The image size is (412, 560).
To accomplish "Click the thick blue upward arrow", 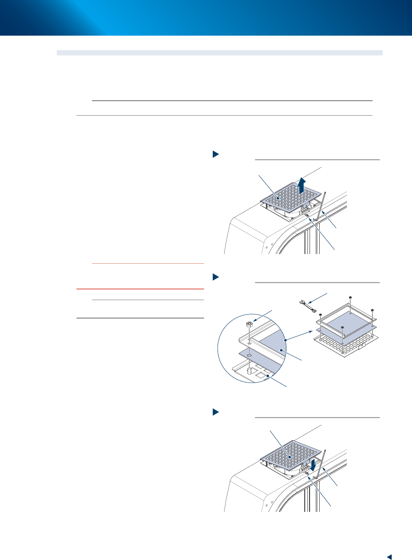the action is (302, 184).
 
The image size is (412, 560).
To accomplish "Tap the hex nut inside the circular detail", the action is (249, 324).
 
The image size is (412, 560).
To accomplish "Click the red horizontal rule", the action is (140, 289).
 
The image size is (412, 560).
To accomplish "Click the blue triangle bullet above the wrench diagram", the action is (216, 277).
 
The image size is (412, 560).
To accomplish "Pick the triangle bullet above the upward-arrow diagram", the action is (216, 154).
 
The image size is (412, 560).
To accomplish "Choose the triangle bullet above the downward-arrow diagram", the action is (216, 412).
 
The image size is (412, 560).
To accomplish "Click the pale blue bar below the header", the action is (220, 53).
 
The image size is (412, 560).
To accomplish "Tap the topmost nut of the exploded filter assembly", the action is (350, 298).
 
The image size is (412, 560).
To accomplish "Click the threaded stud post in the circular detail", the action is (249, 371).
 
